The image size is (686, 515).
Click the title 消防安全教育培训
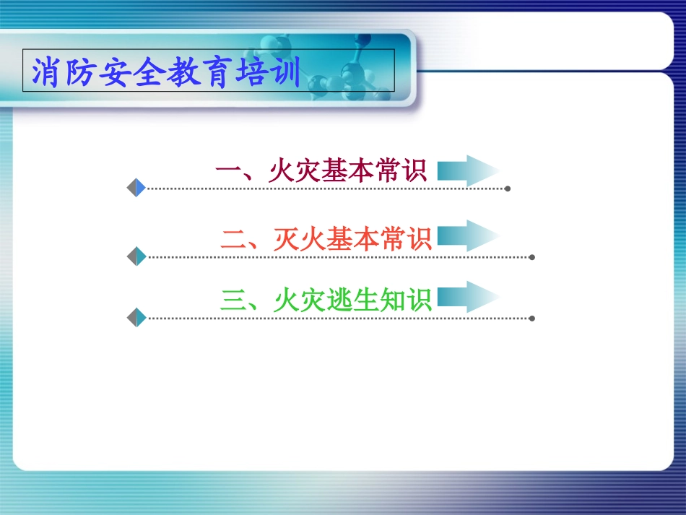(x=167, y=72)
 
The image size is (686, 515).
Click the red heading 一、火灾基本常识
(x=321, y=171)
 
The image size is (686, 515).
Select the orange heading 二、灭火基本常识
(x=326, y=238)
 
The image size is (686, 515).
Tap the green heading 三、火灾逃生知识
(x=326, y=300)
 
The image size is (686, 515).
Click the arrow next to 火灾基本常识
(x=468, y=171)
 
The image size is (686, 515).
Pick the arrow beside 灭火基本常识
(x=468, y=236)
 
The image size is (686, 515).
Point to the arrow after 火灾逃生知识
(x=468, y=297)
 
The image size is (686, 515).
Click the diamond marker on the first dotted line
(x=136, y=188)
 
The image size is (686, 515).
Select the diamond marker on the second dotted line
(x=136, y=256)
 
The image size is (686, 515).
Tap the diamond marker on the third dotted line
(x=136, y=317)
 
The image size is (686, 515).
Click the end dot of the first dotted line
(x=508, y=189)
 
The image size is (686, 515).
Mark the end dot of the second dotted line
(x=532, y=256)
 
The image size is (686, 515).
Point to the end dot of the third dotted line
(x=532, y=318)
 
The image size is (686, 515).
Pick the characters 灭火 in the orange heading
(x=300, y=238)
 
